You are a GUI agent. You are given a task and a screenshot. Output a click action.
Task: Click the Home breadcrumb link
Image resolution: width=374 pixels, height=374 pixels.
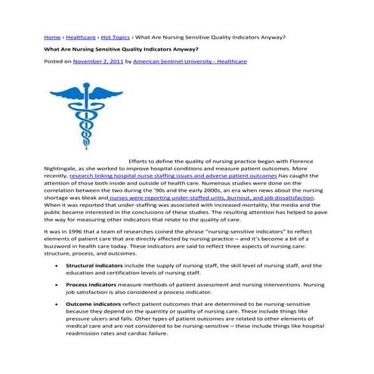point(51,36)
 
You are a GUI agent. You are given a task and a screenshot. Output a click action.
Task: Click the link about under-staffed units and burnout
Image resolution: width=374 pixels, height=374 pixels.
point(211,198)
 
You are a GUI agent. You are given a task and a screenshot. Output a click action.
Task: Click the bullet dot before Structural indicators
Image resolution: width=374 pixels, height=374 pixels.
point(57,267)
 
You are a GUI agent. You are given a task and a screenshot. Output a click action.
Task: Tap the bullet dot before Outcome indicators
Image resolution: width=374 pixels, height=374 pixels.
point(57,303)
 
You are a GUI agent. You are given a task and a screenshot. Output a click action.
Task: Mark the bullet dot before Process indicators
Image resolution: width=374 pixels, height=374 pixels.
point(57,285)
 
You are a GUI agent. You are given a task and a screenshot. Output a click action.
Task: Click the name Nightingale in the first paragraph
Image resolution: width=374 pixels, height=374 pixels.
point(62,170)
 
